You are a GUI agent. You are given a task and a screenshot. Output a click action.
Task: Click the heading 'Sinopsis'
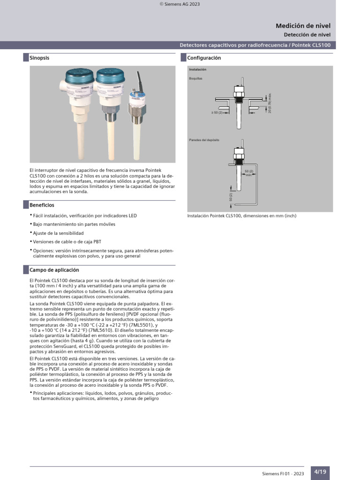pos(39,58)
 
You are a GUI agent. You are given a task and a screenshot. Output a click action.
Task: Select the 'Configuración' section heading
pos(204,58)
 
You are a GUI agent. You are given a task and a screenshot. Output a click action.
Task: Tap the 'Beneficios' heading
pos(42,205)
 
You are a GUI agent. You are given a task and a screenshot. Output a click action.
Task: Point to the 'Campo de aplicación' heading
pos(54,270)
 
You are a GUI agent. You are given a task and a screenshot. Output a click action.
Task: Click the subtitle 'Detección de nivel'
pos(307,35)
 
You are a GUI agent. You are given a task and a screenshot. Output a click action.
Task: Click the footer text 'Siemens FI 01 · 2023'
pos(283,474)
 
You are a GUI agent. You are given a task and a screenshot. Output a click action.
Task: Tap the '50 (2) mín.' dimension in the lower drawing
pos(249,173)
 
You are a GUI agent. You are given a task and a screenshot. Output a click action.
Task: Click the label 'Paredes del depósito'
pos(204,140)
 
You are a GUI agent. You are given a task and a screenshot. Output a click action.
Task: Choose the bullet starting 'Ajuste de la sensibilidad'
pos(58,233)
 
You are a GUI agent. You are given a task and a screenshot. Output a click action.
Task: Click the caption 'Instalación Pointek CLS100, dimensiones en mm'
pos(241,216)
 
